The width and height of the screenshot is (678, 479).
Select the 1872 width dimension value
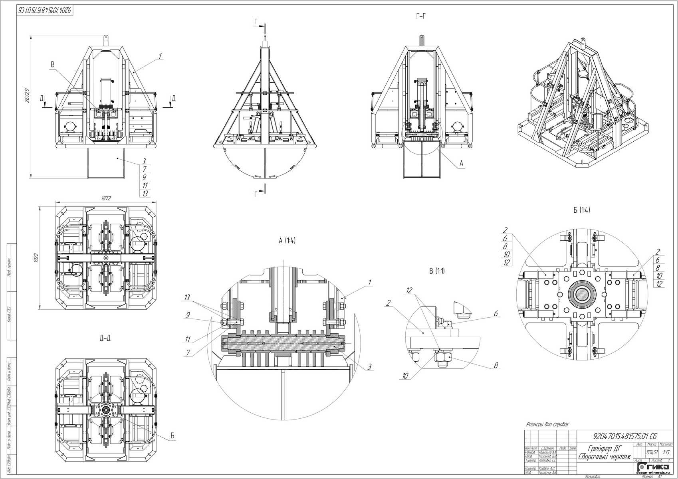(106, 198)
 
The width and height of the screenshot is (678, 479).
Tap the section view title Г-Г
(421, 16)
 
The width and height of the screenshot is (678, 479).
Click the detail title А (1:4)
(287, 240)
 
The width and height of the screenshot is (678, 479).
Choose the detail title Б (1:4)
(581, 210)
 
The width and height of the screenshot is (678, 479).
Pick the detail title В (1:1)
(436, 271)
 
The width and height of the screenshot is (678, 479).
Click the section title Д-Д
(105, 338)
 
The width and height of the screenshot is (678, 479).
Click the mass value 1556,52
(652, 453)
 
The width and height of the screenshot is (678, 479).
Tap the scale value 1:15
(666, 453)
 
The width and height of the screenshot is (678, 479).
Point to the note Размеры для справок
(547, 425)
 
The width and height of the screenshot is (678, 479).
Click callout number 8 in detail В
(496, 365)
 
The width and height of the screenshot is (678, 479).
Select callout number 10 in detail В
(405, 375)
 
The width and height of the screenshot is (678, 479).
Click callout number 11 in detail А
(188, 340)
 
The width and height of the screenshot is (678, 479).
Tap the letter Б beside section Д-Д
(172, 436)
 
